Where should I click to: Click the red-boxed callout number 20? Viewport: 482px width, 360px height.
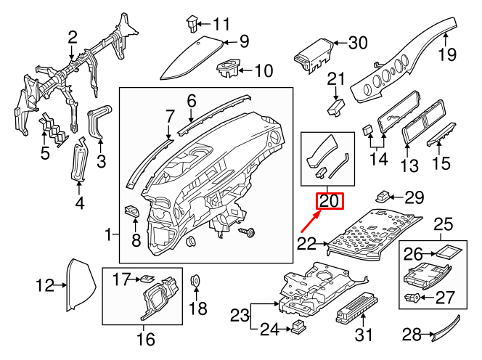329,200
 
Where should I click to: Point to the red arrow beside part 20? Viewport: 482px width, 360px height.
309,218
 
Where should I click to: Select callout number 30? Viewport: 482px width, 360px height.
358,43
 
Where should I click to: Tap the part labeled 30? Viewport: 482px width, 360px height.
313,52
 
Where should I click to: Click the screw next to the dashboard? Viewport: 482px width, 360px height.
247,231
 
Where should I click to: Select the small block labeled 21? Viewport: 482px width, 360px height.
335,107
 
